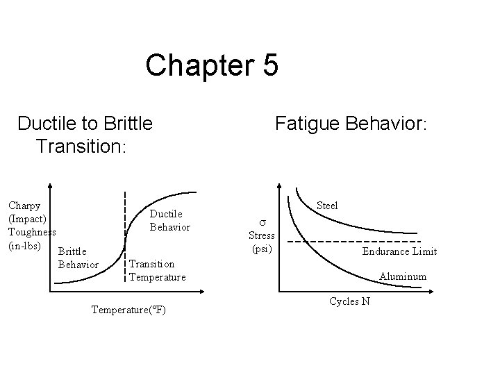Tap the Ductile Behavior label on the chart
tap(166, 220)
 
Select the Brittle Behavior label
tap(78, 257)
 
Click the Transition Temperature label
tap(158, 270)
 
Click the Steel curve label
tap(326, 206)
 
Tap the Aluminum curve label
tap(403, 276)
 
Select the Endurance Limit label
tap(399, 251)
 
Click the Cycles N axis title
tap(349, 301)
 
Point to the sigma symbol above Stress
tap(262, 221)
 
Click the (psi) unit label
tap(262, 248)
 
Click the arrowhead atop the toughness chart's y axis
tap(51, 187)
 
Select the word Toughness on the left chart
tap(32, 232)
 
